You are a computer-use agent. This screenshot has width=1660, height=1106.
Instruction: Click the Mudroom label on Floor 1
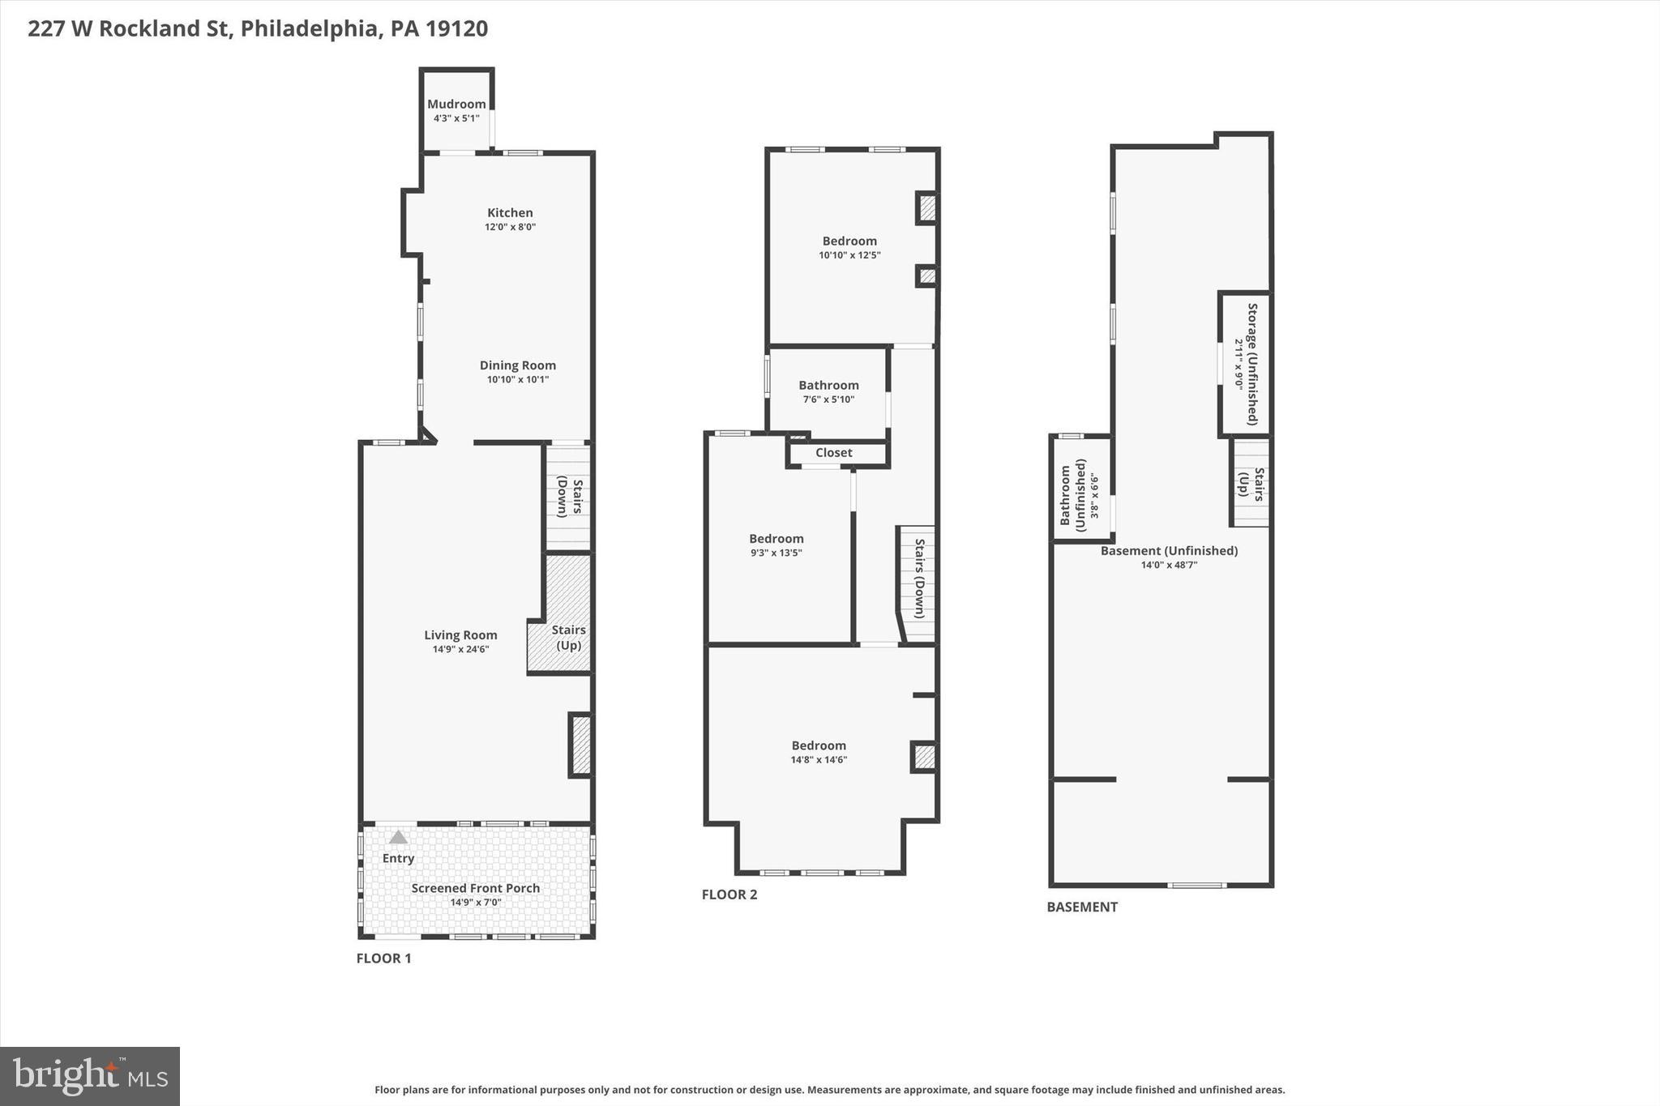click(456, 105)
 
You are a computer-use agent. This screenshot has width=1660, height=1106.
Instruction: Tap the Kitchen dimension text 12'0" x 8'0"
click(510, 228)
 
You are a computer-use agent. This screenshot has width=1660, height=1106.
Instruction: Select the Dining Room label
click(517, 365)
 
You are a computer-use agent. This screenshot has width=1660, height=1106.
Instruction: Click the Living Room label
click(460, 635)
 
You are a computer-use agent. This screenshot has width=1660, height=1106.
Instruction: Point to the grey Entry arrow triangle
click(398, 837)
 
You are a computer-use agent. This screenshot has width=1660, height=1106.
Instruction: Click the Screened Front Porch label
click(475, 888)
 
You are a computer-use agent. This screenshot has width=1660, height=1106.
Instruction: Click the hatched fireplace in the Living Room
click(581, 745)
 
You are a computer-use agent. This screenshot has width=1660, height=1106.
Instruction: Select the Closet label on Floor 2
click(833, 453)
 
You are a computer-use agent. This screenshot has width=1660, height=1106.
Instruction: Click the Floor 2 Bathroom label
click(828, 386)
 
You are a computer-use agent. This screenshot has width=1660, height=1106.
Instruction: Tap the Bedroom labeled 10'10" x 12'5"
click(849, 241)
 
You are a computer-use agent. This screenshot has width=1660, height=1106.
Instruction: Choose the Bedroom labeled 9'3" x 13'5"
click(776, 539)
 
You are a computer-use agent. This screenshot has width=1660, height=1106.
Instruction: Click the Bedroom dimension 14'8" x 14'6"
click(819, 760)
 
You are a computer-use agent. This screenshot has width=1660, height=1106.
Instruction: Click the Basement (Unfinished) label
click(1169, 551)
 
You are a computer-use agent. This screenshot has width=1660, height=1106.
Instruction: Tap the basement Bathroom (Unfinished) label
click(1072, 495)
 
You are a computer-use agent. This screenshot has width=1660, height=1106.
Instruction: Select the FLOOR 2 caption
click(729, 895)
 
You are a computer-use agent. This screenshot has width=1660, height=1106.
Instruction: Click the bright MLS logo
click(90, 1076)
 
